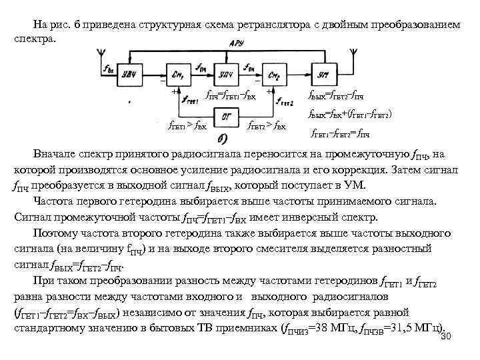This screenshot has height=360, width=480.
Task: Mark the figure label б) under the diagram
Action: (x=225, y=139)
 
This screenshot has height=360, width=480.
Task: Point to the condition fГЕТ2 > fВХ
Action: (x=267, y=125)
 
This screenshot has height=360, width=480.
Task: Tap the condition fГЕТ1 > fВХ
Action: (x=187, y=125)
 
